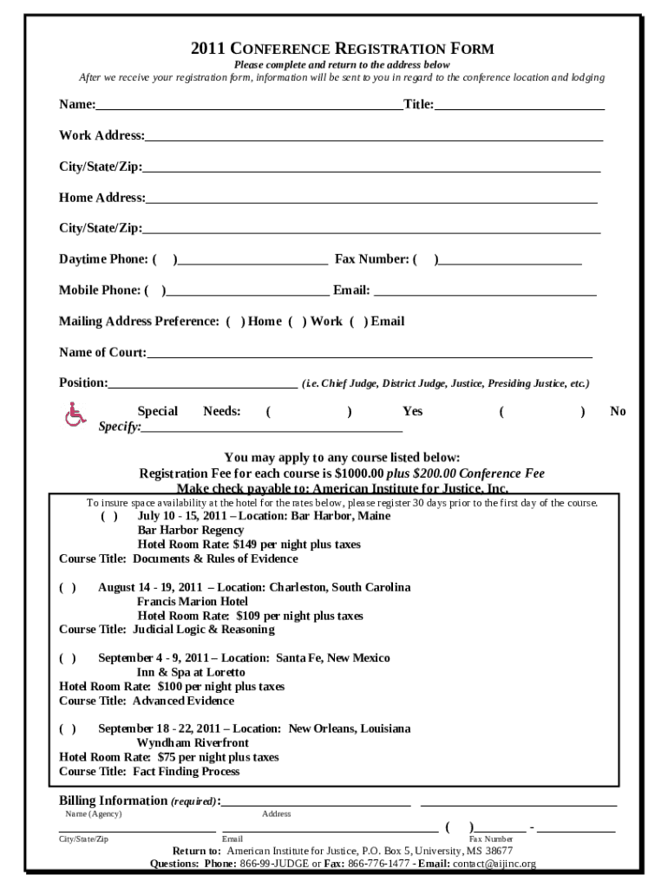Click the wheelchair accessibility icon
[76, 415]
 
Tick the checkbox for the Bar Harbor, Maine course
[109, 516]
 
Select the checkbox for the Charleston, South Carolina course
[67, 587]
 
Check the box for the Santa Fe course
[67, 658]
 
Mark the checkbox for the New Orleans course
[67, 729]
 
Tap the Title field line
[519, 107]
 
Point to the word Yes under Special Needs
[413, 412]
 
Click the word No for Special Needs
[618, 412]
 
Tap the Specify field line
[272, 428]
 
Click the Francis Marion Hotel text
[193, 602]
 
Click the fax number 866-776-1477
[379, 864]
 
